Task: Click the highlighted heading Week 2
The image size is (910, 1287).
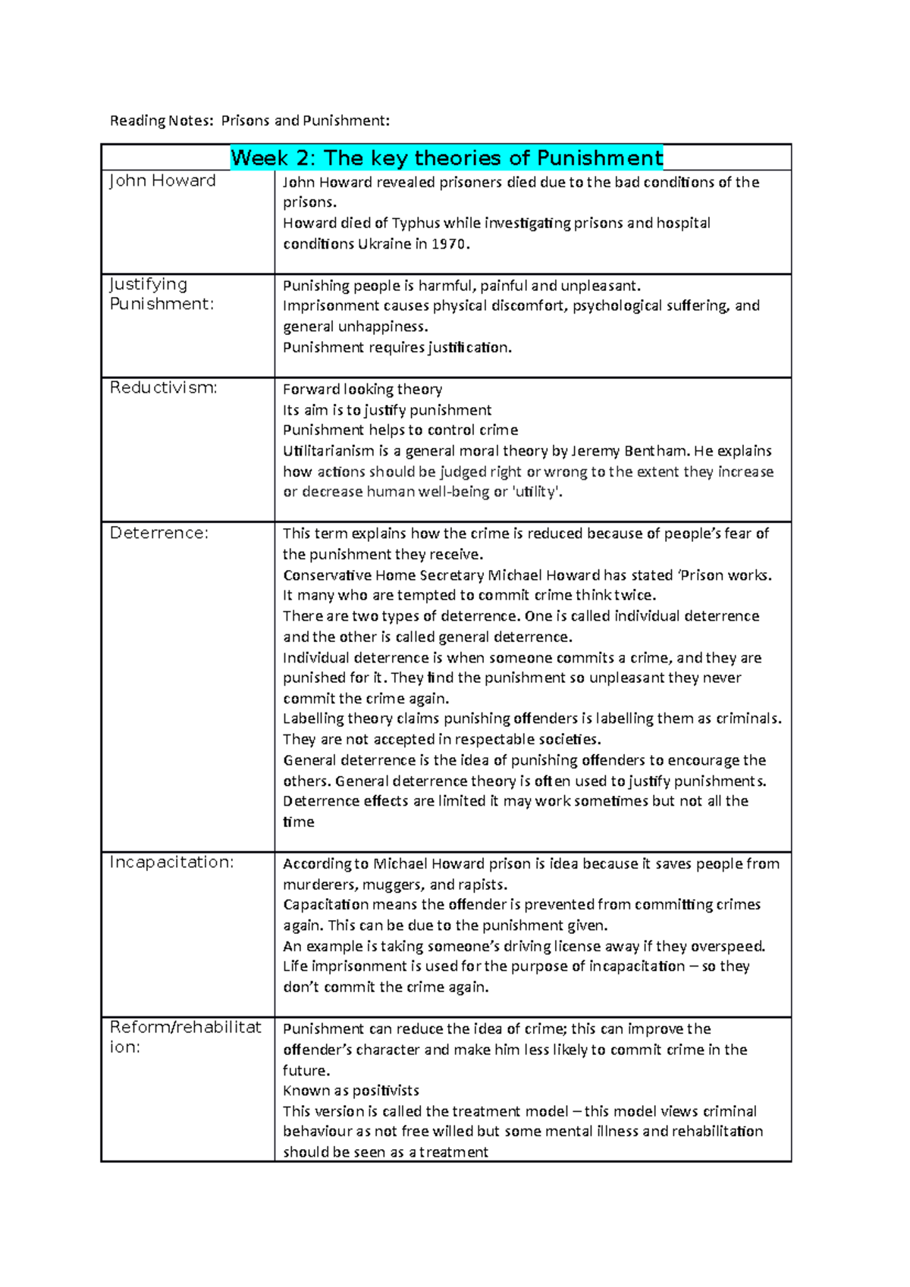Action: (446, 158)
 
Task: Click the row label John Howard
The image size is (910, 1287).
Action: (162, 181)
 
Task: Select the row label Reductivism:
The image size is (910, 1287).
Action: (163, 388)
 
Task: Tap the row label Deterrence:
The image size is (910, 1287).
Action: (158, 533)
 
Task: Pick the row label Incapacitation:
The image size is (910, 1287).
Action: (171, 863)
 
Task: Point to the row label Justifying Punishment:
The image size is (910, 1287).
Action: (162, 294)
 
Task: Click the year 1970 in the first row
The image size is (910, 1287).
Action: (450, 244)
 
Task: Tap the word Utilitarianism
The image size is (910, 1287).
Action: (328, 451)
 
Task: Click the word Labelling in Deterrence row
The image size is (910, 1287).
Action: (313, 719)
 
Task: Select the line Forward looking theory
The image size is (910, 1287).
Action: (362, 390)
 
